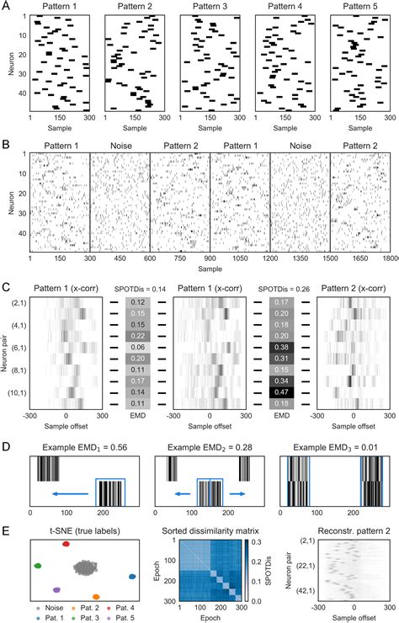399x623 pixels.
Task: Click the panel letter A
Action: tap(7, 7)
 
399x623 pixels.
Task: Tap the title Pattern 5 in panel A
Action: tap(359, 7)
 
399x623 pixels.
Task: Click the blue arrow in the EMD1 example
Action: tap(68, 488)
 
